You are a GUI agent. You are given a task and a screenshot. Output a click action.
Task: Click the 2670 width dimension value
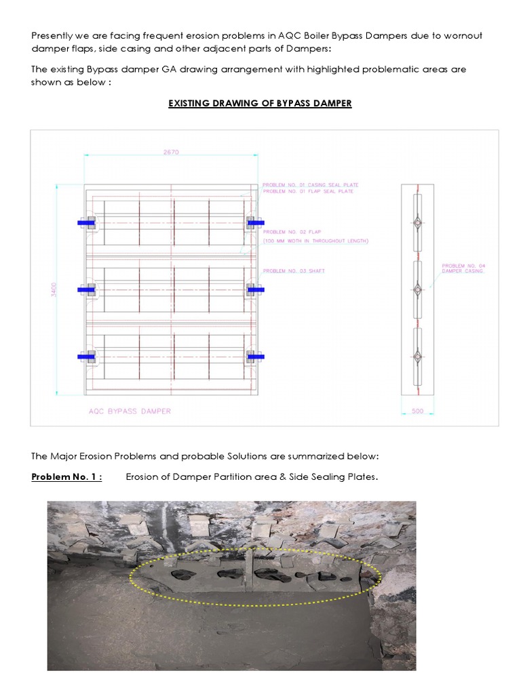171,152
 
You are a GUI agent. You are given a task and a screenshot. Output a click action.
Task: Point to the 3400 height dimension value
54,289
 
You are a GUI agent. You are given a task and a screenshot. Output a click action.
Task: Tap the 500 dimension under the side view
417,411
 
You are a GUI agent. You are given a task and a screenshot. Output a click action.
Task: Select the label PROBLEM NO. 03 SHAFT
294,271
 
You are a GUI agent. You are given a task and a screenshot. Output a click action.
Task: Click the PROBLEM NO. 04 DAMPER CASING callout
463,268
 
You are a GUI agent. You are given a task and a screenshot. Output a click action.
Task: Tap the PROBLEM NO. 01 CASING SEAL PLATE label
310,184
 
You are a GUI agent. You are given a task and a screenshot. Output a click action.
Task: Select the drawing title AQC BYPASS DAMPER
130,411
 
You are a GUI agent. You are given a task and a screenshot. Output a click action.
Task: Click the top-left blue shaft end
85,222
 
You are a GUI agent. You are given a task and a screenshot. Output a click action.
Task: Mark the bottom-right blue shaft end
256,356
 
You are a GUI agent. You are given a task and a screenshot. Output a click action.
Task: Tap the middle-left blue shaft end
85,289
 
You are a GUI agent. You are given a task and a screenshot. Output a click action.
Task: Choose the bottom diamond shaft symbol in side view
418,356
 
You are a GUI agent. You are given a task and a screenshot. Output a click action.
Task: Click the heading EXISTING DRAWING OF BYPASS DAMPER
260,104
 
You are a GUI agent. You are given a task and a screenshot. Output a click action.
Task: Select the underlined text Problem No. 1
66,476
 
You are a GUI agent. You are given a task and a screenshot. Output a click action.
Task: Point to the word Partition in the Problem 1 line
239,476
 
